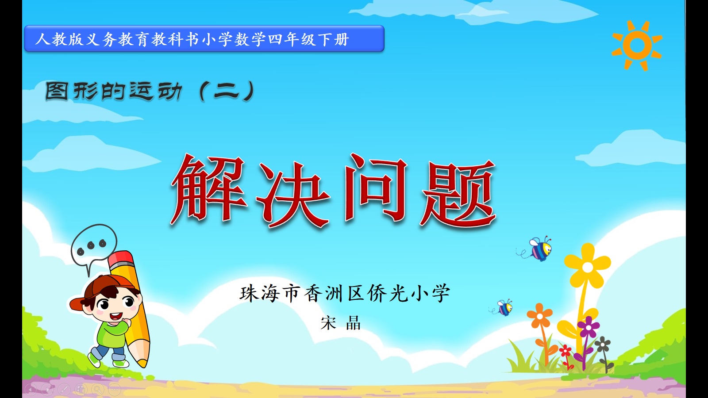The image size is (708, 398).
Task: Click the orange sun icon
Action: point(637,46)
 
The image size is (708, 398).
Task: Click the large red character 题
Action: point(458,193)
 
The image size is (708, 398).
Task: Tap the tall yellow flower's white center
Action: point(588,267)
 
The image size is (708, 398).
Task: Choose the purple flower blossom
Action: point(588,327)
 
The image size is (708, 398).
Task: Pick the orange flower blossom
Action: point(539,316)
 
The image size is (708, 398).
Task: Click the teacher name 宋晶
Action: point(340,323)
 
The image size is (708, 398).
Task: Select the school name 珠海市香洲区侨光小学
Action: point(345,293)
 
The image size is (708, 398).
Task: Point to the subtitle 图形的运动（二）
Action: point(150,91)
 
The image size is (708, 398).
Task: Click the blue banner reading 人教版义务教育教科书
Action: point(204,38)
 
